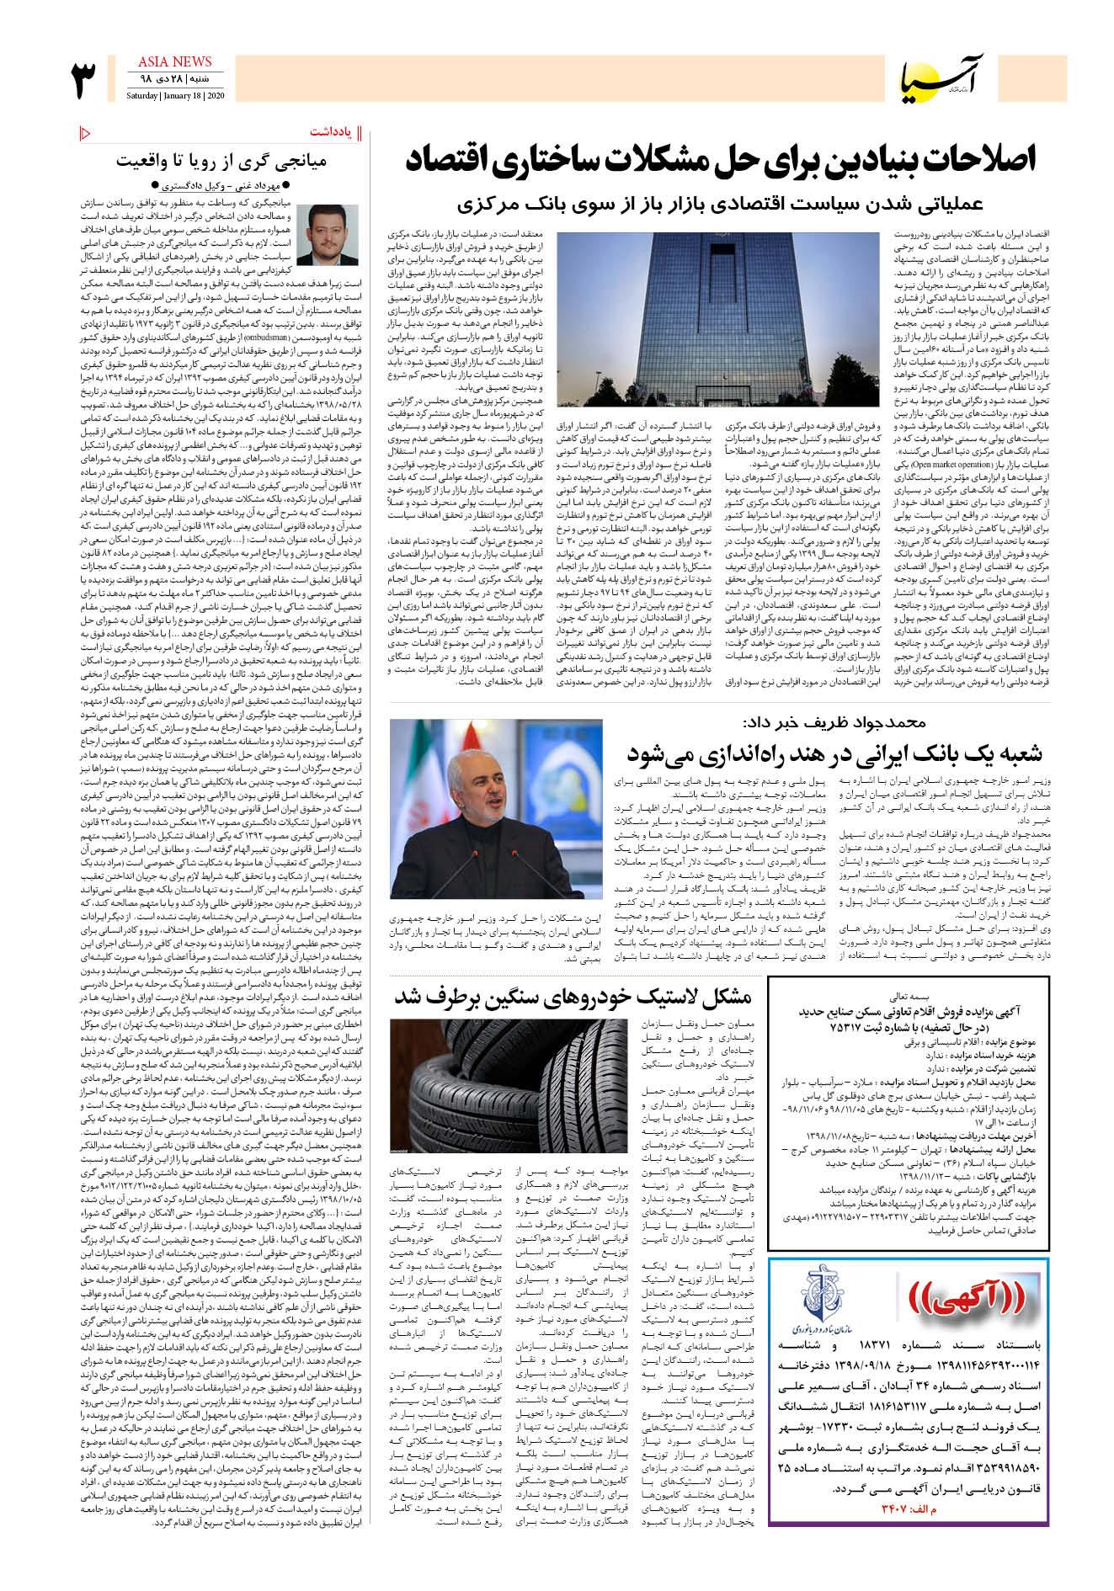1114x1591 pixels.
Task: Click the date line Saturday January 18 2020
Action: [x=173, y=93]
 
